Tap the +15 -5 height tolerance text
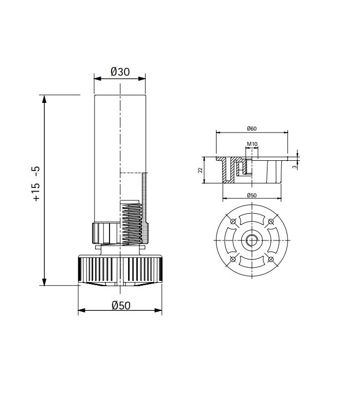tap(36, 184)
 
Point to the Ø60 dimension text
tap(251, 128)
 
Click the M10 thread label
tap(251, 144)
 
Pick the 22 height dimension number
tap(201, 170)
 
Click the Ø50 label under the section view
tap(251, 195)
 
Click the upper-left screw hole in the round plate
tap(233, 221)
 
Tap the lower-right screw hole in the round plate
tap(269, 258)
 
